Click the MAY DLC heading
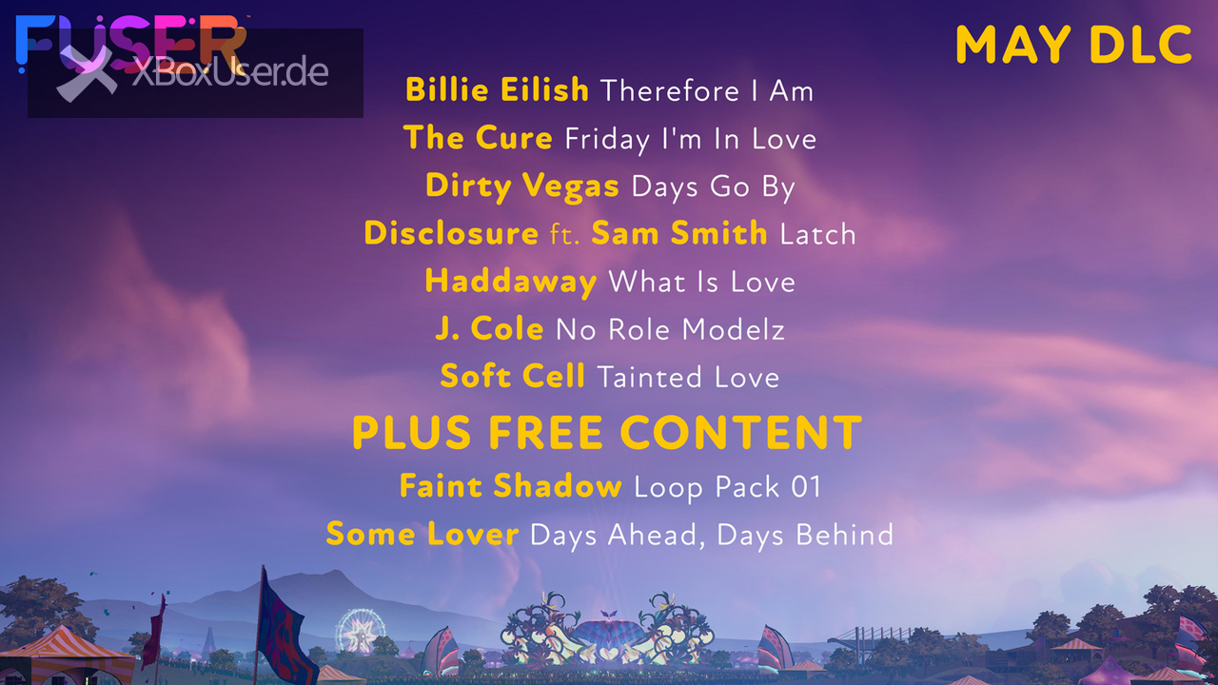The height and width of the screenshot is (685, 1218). pos(1073,44)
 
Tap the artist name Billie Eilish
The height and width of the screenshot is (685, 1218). pos(497,89)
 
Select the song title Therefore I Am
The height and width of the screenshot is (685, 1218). pos(707,90)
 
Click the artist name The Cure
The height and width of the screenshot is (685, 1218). pos(478,137)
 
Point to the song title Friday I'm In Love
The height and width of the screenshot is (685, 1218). pos(691,139)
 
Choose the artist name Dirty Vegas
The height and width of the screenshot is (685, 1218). pos(522,186)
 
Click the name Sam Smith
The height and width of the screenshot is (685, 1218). pos(679,233)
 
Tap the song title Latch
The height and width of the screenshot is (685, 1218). pos(817,234)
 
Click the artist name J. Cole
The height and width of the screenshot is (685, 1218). pos(489,328)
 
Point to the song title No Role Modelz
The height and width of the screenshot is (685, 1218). pos(670,329)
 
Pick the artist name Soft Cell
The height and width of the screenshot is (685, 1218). pos(512,376)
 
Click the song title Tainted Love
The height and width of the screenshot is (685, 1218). pos(688,377)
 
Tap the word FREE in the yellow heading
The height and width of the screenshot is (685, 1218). pos(545,433)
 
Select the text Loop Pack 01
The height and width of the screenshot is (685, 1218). pos(728,486)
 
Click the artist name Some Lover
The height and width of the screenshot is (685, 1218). pos(422,534)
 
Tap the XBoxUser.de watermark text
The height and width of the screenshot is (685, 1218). pos(230,71)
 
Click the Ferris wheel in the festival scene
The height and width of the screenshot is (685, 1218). pos(360,631)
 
